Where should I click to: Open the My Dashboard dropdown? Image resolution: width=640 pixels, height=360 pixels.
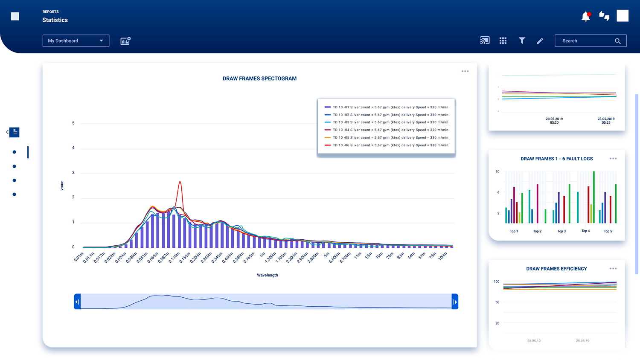point(76,41)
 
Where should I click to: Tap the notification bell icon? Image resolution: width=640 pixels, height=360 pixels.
point(586,17)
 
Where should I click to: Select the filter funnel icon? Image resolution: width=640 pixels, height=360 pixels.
point(521,41)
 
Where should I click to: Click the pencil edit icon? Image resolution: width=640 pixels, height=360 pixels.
point(540,41)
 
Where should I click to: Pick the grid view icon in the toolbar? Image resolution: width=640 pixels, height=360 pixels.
point(503,41)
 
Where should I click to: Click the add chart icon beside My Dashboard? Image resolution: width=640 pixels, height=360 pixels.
point(125,41)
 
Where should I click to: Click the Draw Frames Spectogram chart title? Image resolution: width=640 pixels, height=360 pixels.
point(259,78)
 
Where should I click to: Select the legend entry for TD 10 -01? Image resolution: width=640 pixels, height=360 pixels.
point(386,107)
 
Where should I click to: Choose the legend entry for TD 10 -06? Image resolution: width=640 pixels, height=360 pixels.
point(386,145)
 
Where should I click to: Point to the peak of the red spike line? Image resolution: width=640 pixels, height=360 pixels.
point(180,182)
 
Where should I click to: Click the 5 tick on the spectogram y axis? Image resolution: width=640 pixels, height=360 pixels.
point(73,123)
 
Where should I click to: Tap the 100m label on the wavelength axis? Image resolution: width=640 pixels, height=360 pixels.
point(442,256)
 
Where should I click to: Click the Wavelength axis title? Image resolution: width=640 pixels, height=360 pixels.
point(267,275)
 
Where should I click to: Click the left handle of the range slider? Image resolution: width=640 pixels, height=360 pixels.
point(77,302)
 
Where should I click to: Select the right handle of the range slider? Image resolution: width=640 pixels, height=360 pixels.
point(455,302)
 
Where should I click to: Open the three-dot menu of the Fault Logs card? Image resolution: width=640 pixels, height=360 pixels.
point(613,159)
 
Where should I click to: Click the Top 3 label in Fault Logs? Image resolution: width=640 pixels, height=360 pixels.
point(561,231)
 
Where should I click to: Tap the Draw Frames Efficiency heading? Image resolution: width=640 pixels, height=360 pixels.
point(556,269)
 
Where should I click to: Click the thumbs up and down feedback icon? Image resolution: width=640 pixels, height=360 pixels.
point(604,16)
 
